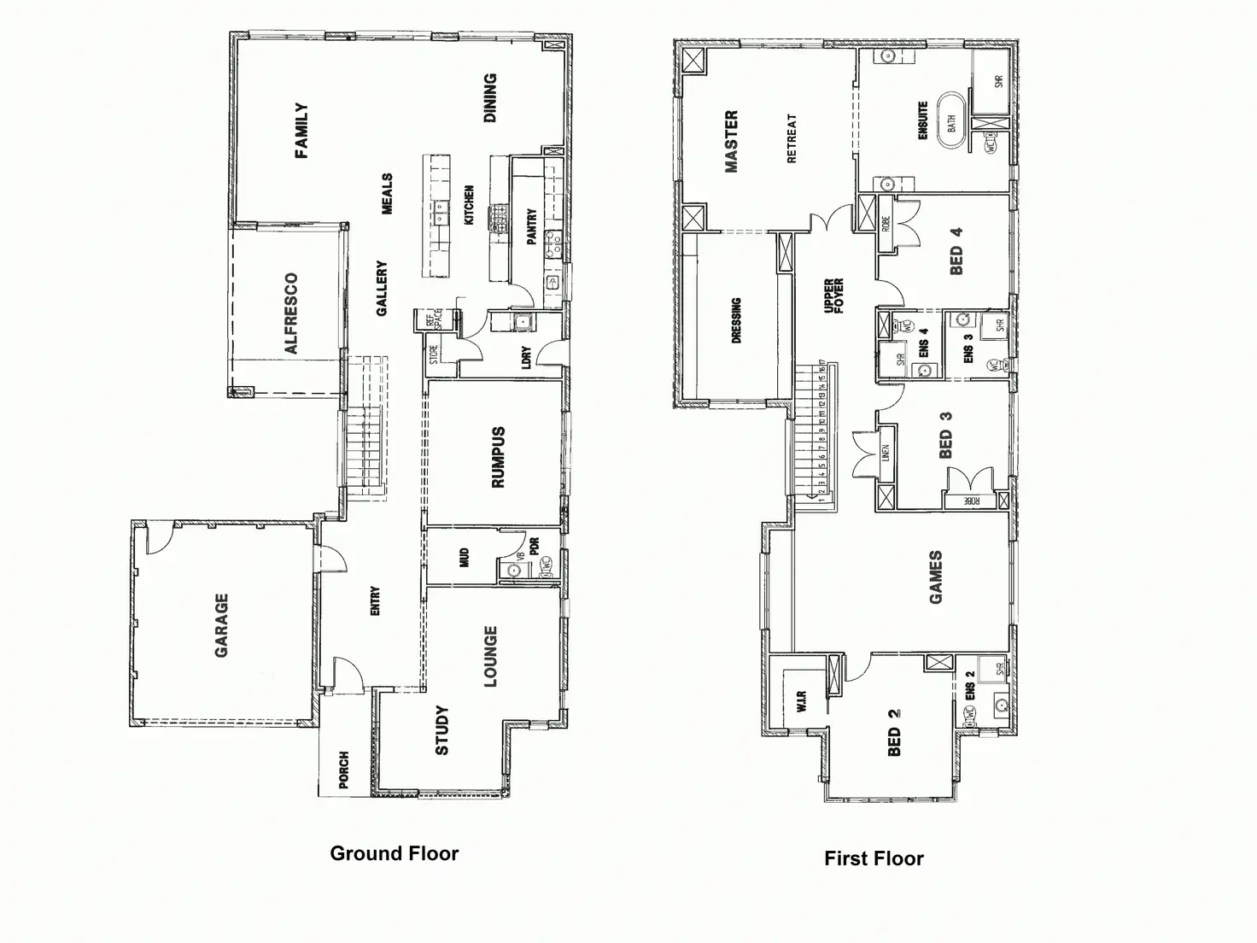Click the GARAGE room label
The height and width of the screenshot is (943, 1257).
coord(221,625)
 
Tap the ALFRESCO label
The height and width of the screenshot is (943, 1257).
coord(291,313)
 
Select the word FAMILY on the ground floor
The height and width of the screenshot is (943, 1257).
coord(301,132)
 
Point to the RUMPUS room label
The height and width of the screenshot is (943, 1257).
coord(499,457)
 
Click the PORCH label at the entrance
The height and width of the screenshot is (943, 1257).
coord(344,770)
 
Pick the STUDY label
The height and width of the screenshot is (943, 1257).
coord(441,730)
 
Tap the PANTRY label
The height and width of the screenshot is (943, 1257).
coord(531,227)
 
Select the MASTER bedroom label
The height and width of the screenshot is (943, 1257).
coord(731,142)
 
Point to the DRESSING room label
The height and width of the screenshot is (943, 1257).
coord(736,320)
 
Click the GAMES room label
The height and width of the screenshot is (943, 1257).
coord(936,577)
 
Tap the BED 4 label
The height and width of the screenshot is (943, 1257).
coord(956,250)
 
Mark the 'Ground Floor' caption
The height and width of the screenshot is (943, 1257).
coord(394,853)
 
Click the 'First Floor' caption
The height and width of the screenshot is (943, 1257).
coord(874,858)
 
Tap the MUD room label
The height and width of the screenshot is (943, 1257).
coord(465,558)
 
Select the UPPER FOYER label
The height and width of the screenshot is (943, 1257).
coord(833,296)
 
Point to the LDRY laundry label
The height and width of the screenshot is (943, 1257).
coord(526,357)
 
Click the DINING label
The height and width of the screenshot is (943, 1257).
coord(489,98)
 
